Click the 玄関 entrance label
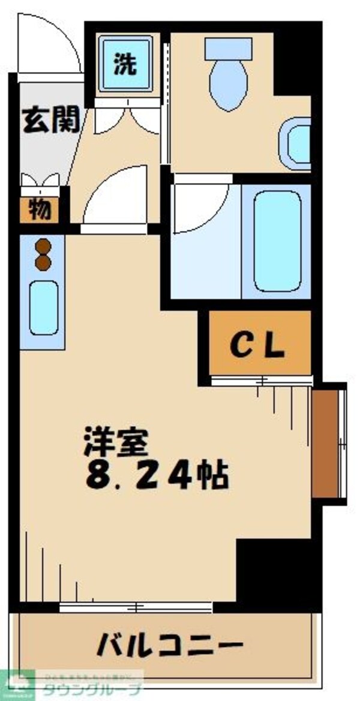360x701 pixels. coord(51,121)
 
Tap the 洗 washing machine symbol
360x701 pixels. coord(125,65)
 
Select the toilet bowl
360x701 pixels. coord(228,84)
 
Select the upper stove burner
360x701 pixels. coord(43,246)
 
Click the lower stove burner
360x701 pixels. coord(43,262)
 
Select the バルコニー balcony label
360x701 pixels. coord(170,646)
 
